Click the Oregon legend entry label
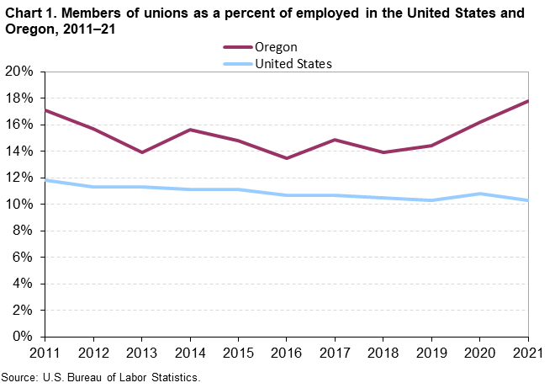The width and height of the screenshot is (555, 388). [x=276, y=47]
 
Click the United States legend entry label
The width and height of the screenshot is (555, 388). [x=293, y=63]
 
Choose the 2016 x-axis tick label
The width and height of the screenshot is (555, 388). [x=287, y=353]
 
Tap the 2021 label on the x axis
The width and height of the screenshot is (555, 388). [x=528, y=353]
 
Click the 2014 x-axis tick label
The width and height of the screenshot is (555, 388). [x=190, y=353]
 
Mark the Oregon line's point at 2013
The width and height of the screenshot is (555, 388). [x=142, y=152]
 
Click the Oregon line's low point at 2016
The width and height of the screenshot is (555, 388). [x=287, y=158]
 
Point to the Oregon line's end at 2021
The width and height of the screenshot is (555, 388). [x=528, y=101]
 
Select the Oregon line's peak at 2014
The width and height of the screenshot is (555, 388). [x=190, y=130]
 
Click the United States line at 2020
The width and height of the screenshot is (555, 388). [x=480, y=194]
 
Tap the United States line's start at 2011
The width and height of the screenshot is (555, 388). [x=45, y=180]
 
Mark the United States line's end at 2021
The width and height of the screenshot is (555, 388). [x=528, y=200]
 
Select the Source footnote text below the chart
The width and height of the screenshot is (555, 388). [x=102, y=377]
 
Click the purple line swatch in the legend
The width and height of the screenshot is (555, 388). [x=237, y=47]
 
